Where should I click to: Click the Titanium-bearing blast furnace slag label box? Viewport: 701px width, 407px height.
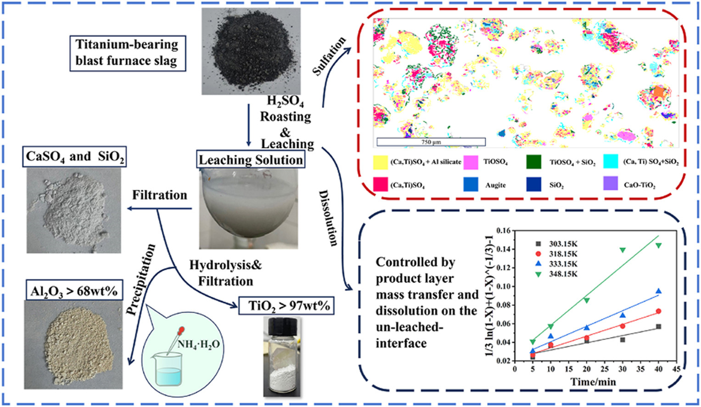click(x=127, y=53)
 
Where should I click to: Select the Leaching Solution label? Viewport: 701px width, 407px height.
click(x=251, y=159)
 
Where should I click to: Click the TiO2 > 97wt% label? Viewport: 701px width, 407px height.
click(x=286, y=305)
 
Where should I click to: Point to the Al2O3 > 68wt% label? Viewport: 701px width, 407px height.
click(x=73, y=291)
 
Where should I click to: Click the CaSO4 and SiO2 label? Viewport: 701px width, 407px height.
click(x=75, y=157)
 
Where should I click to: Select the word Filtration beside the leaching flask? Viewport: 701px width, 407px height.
click(x=159, y=195)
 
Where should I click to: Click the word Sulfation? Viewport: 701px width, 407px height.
click(x=329, y=56)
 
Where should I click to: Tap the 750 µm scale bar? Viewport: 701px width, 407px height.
click(x=431, y=142)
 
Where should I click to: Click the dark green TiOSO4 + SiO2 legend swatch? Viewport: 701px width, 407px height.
click(x=533, y=162)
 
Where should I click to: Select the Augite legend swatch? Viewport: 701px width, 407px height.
click(x=471, y=184)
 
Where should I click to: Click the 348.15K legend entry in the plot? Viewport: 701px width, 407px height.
click(x=555, y=274)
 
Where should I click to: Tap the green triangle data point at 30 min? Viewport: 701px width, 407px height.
click(x=622, y=250)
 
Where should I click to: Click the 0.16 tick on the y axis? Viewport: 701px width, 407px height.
click(x=504, y=230)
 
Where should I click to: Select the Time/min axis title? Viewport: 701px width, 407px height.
click(x=593, y=382)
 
